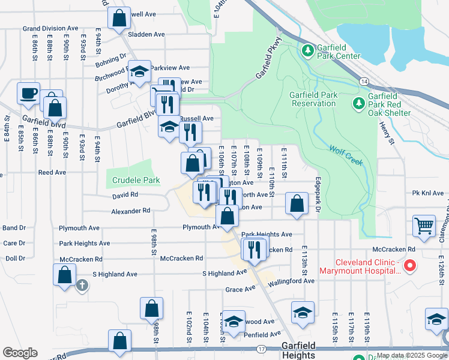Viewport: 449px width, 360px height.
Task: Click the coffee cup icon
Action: point(29,94)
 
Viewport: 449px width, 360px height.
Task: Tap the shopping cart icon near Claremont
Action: point(424,226)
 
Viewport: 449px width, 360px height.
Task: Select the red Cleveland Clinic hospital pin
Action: point(411,265)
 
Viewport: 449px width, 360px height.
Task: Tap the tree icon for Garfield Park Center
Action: point(308,49)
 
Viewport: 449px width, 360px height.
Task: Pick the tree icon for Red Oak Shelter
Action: point(359,104)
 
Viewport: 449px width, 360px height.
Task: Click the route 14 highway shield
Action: point(364,80)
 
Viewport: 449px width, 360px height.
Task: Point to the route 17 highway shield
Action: point(261,349)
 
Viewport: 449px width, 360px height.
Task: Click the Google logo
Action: point(20,353)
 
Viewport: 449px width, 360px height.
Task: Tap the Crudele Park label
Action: point(136,181)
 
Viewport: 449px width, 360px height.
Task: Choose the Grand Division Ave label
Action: point(50,28)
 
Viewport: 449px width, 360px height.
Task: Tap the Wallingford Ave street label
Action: point(291,281)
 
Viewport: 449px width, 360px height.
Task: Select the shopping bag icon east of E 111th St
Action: point(297,203)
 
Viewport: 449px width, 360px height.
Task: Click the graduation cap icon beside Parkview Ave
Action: point(139,72)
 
